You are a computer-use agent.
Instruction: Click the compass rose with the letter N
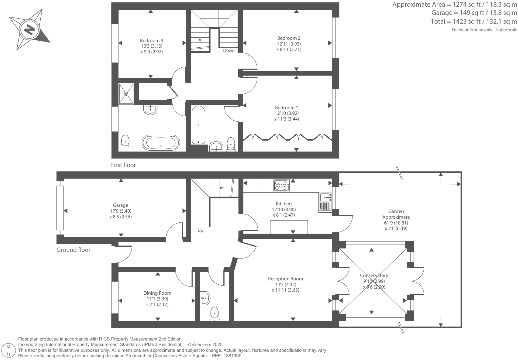click(29, 30)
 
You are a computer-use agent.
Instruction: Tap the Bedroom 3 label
click(151, 41)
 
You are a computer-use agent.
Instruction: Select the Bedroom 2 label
click(289, 38)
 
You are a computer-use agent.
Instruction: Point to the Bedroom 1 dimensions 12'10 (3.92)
click(286, 113)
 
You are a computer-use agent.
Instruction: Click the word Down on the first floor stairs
click(229, 51)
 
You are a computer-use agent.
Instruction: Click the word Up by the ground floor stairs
click(200, 230)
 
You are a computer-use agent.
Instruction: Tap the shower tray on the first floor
click(126, 94)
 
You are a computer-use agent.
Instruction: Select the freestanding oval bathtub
click(161, 142)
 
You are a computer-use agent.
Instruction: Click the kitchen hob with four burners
click(282, 186)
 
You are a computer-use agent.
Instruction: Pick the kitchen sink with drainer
click(325, 202)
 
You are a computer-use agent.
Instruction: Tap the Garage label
click(120, 205)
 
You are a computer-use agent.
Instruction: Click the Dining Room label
click(157, 293)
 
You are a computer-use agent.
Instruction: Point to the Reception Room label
click(285, 279)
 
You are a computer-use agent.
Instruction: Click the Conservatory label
click(374, 275)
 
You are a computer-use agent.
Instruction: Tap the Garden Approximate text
click(396, 214)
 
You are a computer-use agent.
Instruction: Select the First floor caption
click(123, 165)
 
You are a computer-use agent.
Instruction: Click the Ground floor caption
click(73, 250)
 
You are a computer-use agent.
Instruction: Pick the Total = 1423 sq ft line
click(474, 22)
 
